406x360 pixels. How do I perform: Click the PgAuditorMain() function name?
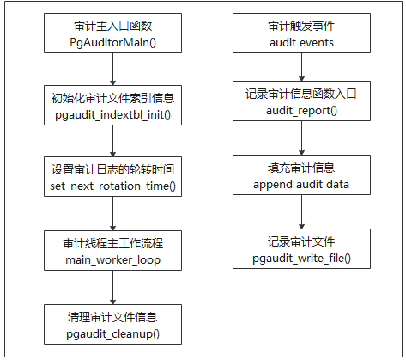click(113, 43)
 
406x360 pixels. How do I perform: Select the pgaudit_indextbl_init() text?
click(113, 115)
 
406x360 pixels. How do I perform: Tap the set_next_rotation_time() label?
click(113, 186)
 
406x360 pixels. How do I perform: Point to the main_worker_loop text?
click(113, 260)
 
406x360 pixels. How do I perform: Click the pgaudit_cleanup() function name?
click(113, 334)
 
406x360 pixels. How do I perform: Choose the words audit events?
click(301, 43)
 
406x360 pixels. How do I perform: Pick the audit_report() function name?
click(301, 111)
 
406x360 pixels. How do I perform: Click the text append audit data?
click(301, 185)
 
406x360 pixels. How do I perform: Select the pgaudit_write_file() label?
click(301, 259)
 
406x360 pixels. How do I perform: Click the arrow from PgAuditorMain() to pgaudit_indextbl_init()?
click(112, 69)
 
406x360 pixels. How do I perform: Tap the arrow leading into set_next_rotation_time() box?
click(112, 141)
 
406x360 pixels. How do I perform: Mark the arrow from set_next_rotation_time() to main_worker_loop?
click(112, 213)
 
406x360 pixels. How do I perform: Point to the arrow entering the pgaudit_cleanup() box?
click(112, 287)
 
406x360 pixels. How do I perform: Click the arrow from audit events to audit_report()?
click(301, 67)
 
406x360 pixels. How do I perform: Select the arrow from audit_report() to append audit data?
click(301, 137)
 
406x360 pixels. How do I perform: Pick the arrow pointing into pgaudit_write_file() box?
click(301, 211)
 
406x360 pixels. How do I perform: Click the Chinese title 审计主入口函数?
click(113, 26)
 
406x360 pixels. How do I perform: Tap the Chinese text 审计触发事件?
click(301, 26)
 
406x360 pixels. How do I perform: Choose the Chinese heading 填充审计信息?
click(301, 168)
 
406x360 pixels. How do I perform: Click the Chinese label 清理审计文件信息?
click(112, 317)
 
